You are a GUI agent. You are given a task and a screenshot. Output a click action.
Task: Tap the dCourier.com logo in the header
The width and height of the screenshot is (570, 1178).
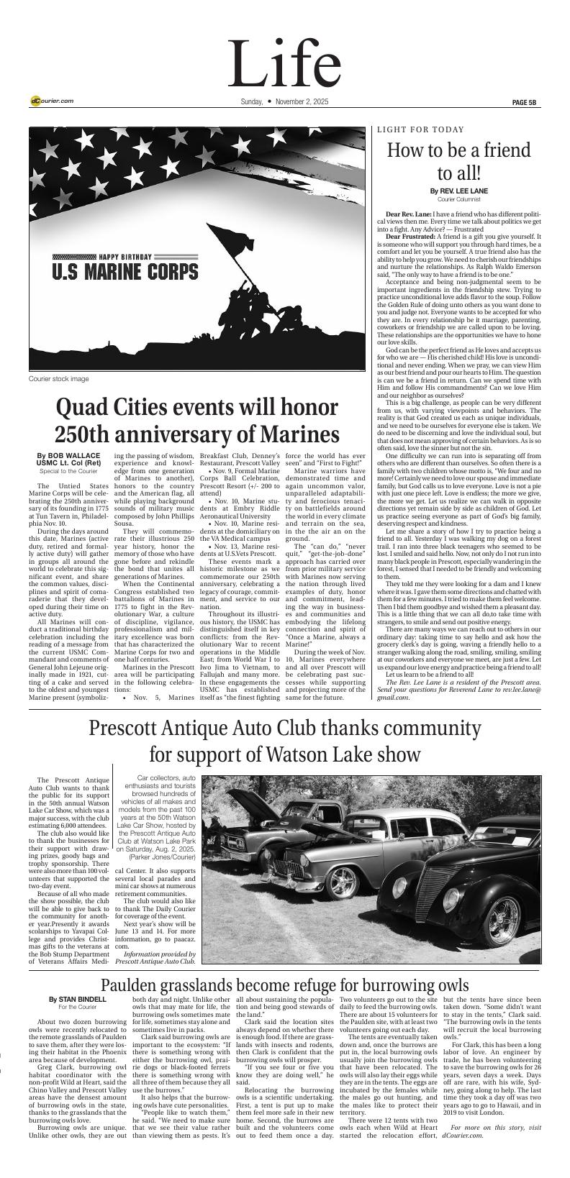pyautogui.click(x=52, y=101)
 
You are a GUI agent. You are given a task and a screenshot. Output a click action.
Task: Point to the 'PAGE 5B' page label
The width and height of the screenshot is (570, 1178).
pyautogui.click(x=524, y=102)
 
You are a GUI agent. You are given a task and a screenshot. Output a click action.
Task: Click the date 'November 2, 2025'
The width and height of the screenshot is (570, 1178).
pyautogui.click(x=302, y=102)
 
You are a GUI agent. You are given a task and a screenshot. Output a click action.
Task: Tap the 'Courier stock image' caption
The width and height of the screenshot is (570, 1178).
pyautogui.click(x=59, y=378)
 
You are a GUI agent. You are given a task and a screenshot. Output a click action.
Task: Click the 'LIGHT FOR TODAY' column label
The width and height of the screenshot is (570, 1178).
pyautogui.click(x=420, y=130)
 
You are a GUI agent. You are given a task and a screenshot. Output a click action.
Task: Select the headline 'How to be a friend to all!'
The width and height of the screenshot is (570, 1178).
pyautogui.click(x=458, y=162)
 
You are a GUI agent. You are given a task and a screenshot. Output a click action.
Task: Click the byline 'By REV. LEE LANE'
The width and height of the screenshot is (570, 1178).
pyautogui.click(x=458, y=191)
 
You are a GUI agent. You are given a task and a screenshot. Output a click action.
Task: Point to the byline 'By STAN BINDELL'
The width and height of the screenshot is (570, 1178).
pyautogui.click(x=78, y=1000)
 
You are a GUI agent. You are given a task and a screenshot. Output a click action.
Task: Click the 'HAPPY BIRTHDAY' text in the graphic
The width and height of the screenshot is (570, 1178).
pyautogui.click(x=125, y=257)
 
